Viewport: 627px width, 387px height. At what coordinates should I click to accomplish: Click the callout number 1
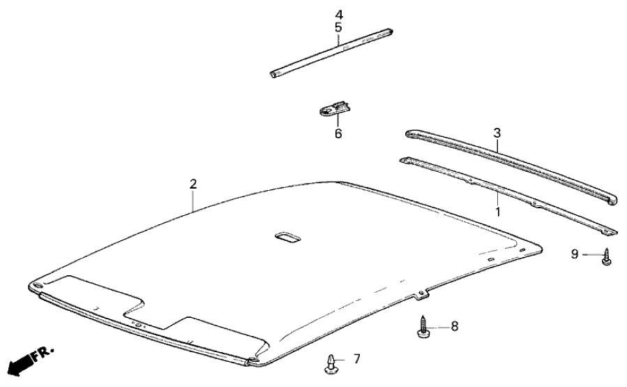pos(498,210)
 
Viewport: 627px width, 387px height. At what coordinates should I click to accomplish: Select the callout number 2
pos(193,184)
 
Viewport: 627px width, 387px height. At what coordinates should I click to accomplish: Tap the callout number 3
pos(497,132)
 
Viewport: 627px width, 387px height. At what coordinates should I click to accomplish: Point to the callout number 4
pos(338,15)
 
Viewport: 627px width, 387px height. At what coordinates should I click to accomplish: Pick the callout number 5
pos(338,27)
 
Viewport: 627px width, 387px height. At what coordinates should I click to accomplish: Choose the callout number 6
pos(338,133)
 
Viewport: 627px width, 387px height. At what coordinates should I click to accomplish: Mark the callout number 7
pos(356,359)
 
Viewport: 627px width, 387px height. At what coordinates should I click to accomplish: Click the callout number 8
pos(454,325)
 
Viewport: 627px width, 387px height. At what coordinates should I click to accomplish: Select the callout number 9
pos(575,254)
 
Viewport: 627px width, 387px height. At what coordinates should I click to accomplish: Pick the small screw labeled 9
pos(607,258)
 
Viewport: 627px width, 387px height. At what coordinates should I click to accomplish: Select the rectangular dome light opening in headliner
pos(287,238)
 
